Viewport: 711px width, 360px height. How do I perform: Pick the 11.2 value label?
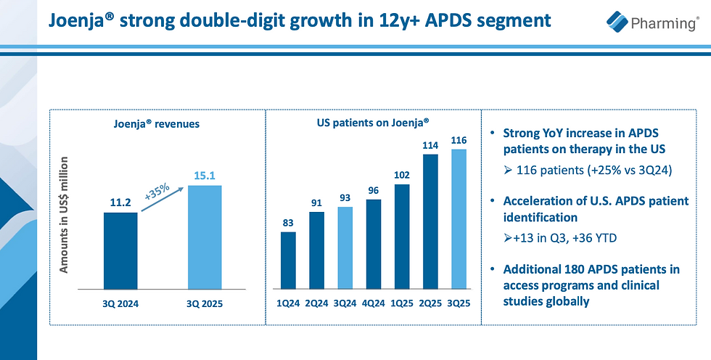tap(120, 202)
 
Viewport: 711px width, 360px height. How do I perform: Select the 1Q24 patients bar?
tap(288, 259)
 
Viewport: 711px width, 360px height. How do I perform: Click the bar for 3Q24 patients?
tap(346, 247)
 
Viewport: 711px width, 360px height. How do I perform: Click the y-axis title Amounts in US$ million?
tap(64, 215)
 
